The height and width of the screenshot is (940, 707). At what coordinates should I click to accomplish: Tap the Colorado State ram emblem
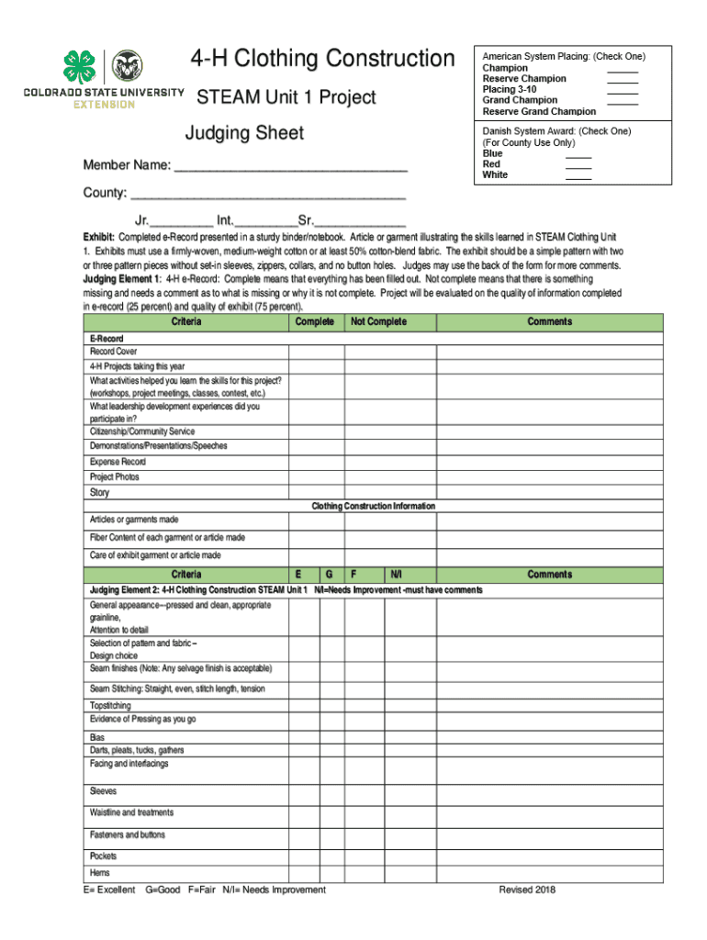coord(127,66)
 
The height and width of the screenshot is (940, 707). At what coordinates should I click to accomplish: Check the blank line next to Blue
coord(578,154)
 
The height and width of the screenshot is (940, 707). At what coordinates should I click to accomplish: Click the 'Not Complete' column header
coord(378,322)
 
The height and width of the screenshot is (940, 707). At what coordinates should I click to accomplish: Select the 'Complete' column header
coord(315,322)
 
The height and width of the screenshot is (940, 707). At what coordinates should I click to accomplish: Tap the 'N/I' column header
coord(396,575)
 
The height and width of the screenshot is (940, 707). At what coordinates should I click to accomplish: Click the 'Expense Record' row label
coord(118,462)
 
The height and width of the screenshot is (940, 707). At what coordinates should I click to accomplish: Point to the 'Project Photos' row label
coord(115,477)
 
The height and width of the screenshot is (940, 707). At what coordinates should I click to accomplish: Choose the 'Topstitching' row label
coord(111,706)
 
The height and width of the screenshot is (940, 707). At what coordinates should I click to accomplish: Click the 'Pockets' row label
coord(103,856)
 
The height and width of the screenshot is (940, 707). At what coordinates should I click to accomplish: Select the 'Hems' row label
coord(99,873)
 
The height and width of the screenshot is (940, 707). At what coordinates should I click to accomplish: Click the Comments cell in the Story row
coord(549,493)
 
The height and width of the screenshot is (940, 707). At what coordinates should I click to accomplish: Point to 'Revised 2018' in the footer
coord(527,890)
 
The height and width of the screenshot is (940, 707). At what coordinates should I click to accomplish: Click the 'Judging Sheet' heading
coord(244,133)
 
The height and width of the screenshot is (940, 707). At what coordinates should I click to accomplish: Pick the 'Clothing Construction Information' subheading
coord(373,507)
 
